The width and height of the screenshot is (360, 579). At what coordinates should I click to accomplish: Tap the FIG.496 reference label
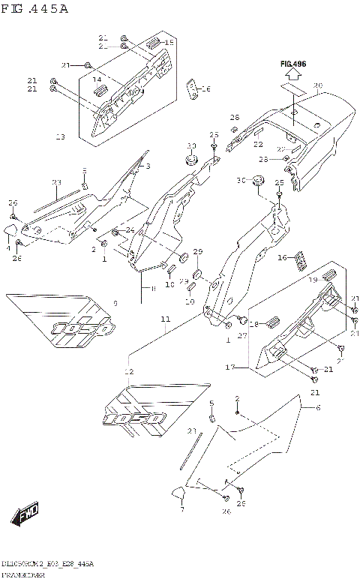(294, 64)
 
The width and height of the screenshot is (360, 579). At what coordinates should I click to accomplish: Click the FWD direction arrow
(25, 516)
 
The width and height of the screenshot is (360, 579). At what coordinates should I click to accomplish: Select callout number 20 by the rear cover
(318, 85)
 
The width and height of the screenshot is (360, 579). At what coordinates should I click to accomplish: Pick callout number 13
(61, 137)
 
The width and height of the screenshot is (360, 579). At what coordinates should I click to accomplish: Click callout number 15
(169, 43)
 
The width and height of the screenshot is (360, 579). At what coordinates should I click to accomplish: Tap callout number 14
(97, 79)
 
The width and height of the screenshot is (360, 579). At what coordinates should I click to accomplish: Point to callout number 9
(115, 303)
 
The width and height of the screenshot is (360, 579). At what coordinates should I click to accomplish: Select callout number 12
(129, 372)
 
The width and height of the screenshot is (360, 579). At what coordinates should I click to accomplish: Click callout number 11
(164, 319)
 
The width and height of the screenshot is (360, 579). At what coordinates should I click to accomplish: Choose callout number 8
(153, 288)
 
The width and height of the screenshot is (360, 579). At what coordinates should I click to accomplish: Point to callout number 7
(181, 508)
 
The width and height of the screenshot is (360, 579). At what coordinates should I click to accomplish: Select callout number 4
(8, 247)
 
